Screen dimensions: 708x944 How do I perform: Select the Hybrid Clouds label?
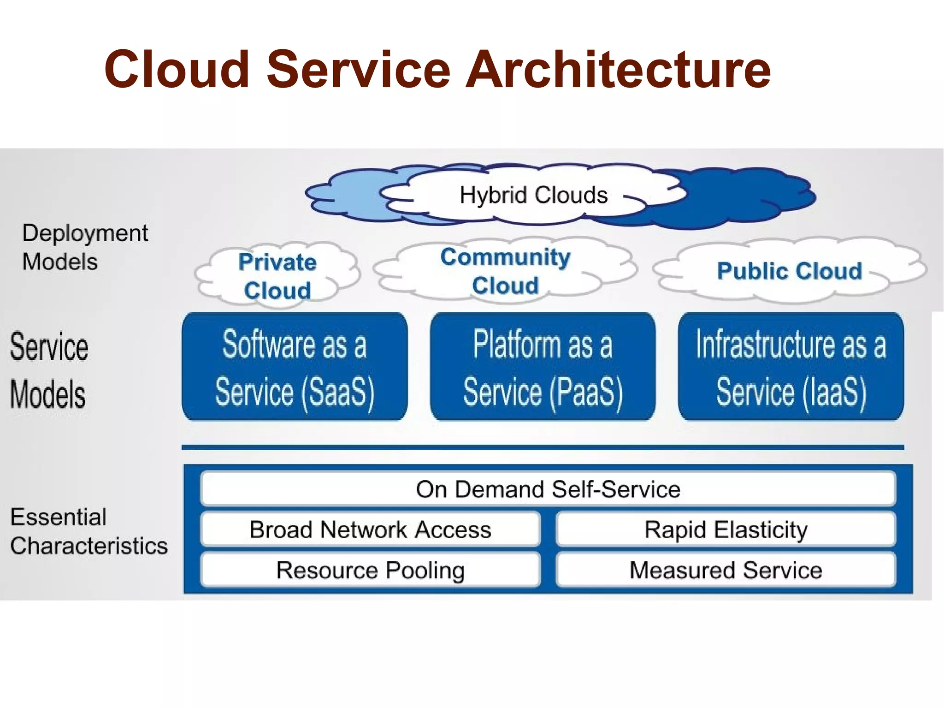(533, 195)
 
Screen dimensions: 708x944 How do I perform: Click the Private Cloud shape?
(277, 275)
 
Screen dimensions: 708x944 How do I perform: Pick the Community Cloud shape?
(505, 271)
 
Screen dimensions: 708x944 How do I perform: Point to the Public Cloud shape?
(789, 271)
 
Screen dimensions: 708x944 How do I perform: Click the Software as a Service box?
(295, 367)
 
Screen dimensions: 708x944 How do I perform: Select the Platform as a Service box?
(543, 367)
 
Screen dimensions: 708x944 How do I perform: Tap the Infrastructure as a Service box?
(791, 367)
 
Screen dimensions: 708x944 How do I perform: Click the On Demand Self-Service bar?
(548, 489)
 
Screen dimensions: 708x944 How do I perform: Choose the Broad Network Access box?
(370, 530)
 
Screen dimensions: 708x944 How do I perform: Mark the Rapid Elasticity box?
(726, 530)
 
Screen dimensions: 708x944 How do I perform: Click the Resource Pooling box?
(370, 570)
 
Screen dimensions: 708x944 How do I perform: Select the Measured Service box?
(726, 570)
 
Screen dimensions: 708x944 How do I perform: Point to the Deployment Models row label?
(85, 247)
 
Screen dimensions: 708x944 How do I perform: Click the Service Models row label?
(49, 370)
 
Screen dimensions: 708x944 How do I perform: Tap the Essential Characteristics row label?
(88, 531)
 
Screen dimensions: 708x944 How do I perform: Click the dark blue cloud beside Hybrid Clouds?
(747, 198)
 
